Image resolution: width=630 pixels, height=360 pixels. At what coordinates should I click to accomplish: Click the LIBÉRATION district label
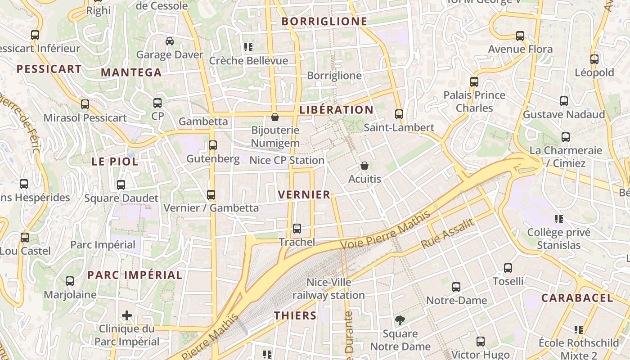(336, 110)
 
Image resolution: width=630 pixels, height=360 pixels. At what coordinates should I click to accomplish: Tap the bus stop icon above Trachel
(297, 229)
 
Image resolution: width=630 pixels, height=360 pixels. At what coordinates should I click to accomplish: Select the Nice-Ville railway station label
(328, 289)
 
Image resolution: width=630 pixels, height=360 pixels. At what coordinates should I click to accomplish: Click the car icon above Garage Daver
(170, 41)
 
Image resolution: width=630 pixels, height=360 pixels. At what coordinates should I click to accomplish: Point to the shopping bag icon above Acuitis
(364, 166)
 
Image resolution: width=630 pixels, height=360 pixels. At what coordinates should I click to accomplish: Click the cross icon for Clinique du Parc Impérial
(127, 315)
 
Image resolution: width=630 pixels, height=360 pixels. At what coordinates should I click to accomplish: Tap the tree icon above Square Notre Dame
(400, 320)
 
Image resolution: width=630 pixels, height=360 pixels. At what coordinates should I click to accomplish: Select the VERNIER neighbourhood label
(304, 195)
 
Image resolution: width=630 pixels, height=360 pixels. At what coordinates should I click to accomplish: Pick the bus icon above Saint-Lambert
(399, 114)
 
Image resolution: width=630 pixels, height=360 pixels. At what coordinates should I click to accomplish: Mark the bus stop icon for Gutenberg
(213, 145)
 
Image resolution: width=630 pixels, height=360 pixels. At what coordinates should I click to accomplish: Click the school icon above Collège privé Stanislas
(559, 219)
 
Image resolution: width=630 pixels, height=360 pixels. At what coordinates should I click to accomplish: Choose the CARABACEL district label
(577, 298)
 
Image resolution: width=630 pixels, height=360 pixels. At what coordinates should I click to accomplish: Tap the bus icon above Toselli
(508, 268)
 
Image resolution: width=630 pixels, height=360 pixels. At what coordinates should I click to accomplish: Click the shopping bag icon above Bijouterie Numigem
(275, 117)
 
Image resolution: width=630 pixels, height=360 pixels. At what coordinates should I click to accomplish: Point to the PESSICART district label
(49, 69)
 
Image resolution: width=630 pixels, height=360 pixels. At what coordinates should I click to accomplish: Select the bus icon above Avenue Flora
(520, 36)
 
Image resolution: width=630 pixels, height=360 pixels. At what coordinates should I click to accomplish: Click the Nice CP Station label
(287, 161)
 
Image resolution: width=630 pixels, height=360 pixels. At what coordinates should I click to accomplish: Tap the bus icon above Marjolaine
(70, 281)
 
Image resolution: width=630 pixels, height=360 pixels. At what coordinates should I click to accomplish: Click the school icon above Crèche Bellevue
(248, 47)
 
